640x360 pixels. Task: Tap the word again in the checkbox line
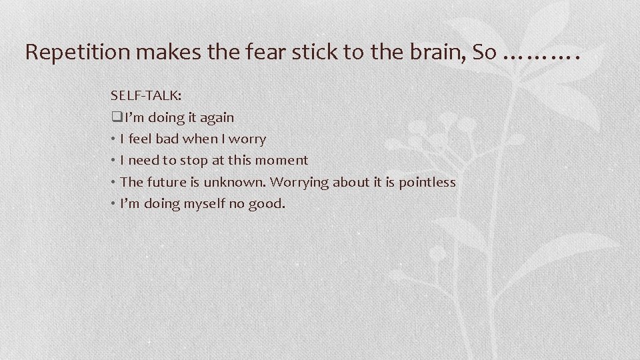click(217, 118)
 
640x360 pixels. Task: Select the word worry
click(247, 139)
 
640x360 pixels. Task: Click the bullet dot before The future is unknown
click(115, 182)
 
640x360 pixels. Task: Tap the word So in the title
click(483, 53)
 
